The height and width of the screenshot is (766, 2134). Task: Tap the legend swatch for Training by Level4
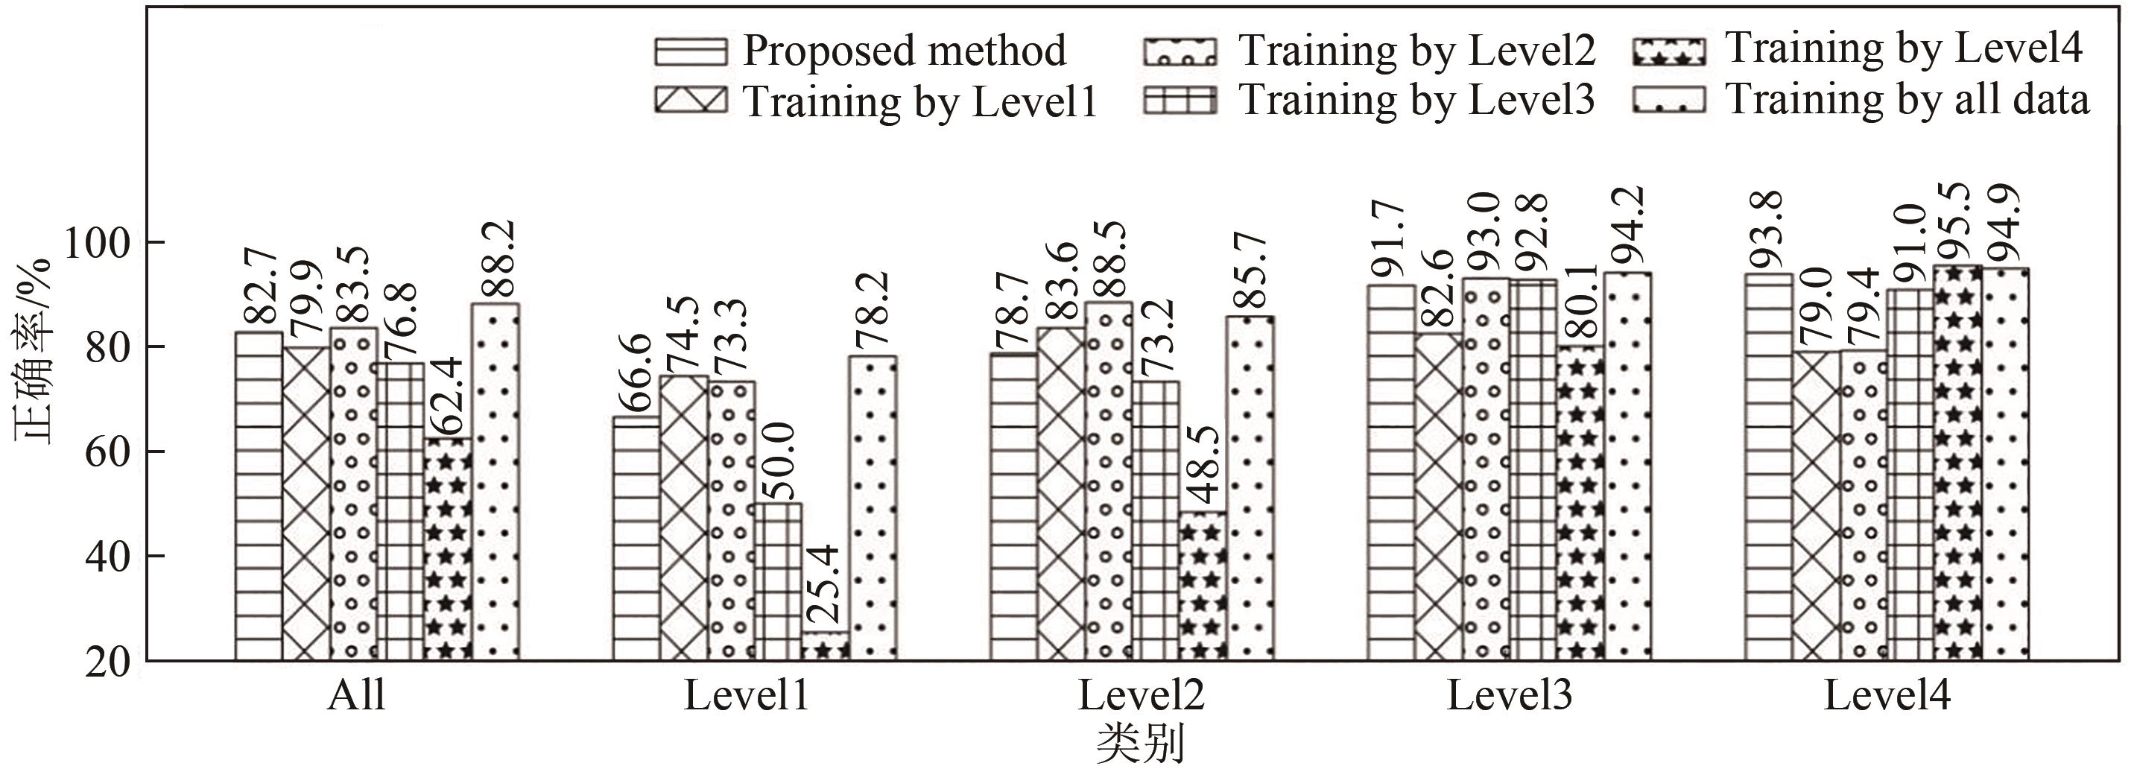pyautogui.click(x=1670, y=51)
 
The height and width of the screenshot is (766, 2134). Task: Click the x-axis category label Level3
pyautogui.click(x=1510, y=696)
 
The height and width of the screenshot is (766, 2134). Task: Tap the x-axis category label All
pyautogui.click(x=356, y=696)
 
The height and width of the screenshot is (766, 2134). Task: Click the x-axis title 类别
pyautogui.click(x=1140, y=744)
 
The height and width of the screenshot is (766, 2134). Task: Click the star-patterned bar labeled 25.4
pyautogui.click(x=825, y=646)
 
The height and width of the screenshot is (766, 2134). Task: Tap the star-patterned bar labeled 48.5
pyautogui.click(x=1203, y=586)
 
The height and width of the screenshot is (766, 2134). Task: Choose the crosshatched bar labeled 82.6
pyautogui.click(x=1439, y=496)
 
